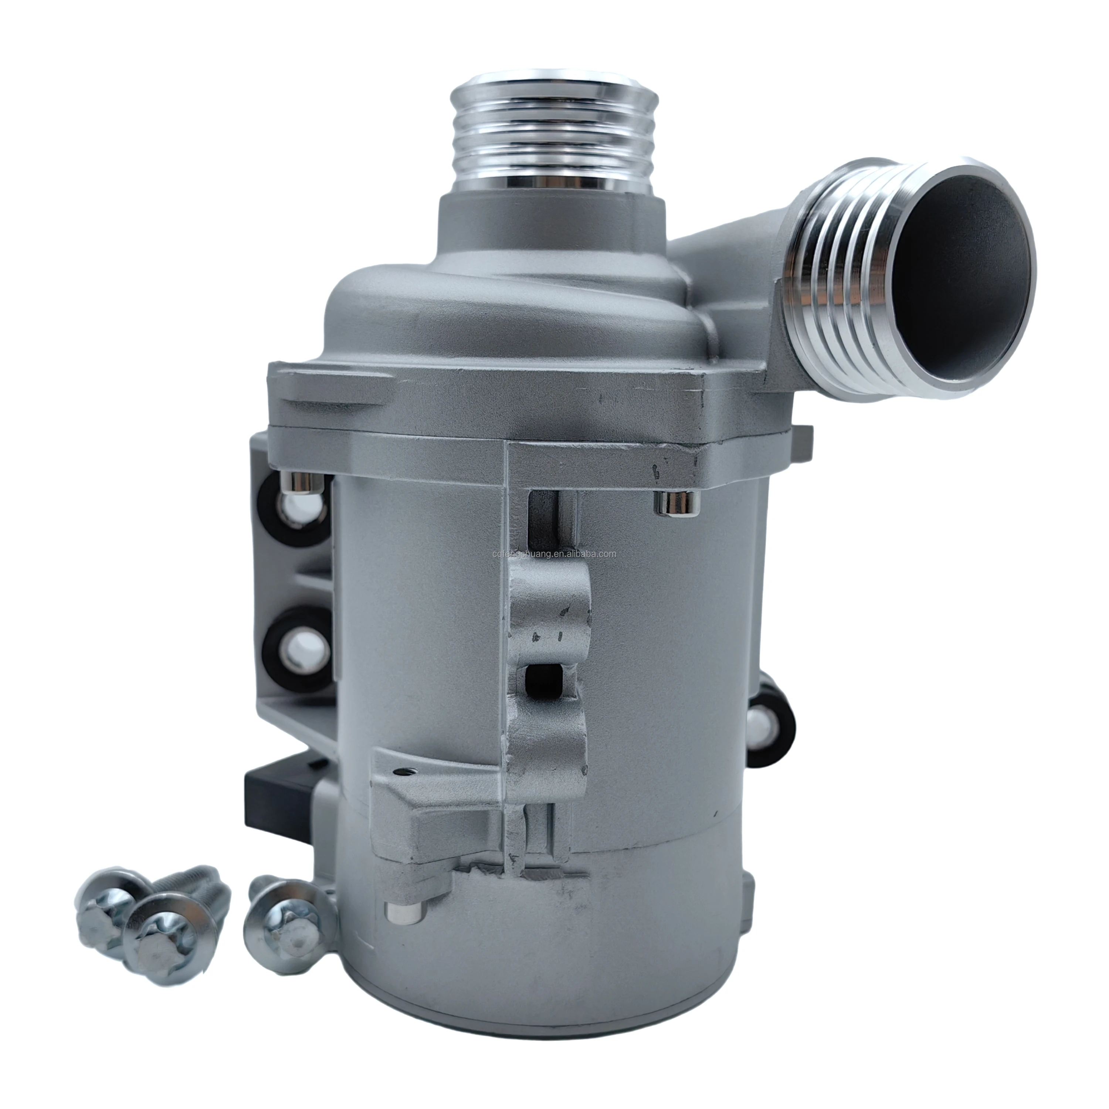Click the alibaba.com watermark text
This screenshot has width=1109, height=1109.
pyautogui.click(x=554, y=554)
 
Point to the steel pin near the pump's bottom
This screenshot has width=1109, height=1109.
pyautogui.click(x=405, y=913)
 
